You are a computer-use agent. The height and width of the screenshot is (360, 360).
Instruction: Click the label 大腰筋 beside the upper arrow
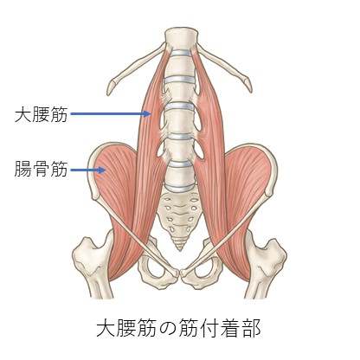[x=42, y=114]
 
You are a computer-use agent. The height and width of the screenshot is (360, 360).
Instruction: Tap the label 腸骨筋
[x=42, y=169]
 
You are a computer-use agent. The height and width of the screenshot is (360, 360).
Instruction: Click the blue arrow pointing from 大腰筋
[x=111, y=113]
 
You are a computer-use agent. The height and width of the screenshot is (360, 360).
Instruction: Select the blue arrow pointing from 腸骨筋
[x=88, y=170]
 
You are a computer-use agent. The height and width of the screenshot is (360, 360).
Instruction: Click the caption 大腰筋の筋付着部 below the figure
[x=178, y=328]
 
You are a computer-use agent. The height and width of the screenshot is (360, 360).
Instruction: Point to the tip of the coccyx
[x=181, y=250]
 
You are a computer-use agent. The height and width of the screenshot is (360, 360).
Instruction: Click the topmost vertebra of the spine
[x=182, y=39]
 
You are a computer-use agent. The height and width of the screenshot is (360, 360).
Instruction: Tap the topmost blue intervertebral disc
[x=181, y=54]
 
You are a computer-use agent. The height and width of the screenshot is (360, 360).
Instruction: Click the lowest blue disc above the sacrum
[x=181, y=188]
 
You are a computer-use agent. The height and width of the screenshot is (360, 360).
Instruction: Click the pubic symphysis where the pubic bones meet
[x=179, y=273]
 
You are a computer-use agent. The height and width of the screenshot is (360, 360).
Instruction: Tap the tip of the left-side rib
[x=110, y=89]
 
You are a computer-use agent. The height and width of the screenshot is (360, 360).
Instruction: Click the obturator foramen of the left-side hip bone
[x=153, y=267]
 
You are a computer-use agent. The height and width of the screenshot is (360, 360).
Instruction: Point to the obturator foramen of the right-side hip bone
[x=205, y=267]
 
